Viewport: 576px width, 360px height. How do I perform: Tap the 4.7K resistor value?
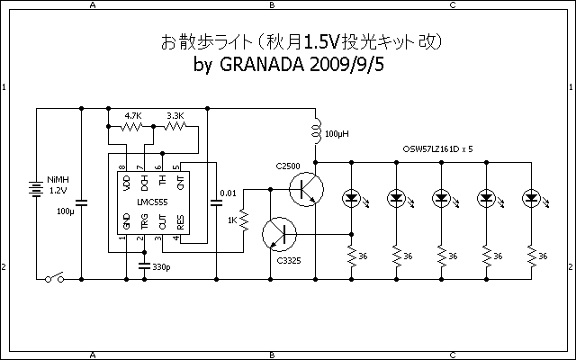point(133,115)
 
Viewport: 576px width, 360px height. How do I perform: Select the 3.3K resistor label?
point(175,115)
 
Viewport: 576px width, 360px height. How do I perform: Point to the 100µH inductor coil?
point(317,132)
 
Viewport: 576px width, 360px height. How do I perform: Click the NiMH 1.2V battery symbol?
point(36,190)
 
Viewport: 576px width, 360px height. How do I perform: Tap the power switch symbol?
point(53,279)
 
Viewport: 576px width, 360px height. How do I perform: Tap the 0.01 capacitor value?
point(229,193)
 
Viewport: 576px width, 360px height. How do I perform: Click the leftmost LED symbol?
point(350,198)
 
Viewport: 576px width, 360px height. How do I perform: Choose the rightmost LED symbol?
point(530,198)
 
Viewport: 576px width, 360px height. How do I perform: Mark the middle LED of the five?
point(440,198)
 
